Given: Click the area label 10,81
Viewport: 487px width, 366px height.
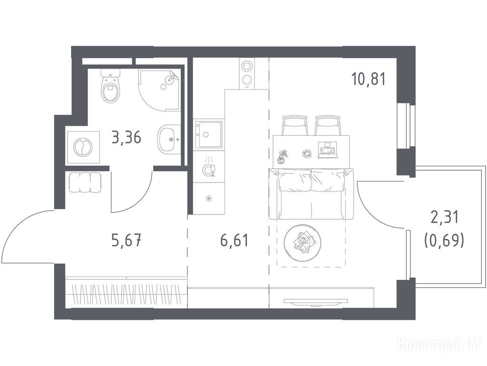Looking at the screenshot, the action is tap(369, 79).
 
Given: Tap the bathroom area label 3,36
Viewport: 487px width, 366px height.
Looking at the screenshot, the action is tap(127, 137).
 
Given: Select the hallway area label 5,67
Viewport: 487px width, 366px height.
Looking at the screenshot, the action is tap(127, 241).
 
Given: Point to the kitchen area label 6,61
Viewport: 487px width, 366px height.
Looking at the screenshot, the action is tap(234, 241).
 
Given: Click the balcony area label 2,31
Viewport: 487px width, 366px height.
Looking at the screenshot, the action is tap(445, 217).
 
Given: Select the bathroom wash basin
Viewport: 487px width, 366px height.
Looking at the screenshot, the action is tap(169, 140).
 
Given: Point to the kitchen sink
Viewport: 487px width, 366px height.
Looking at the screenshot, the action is tap(209, 134).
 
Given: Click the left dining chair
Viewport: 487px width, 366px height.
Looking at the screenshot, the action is tap(294, 125).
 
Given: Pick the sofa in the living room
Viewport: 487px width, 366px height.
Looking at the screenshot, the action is tap(311, 194).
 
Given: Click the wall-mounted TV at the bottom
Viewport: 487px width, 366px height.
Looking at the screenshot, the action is tap(316, 301).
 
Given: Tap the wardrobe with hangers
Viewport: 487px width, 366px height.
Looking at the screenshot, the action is tap(127, 292).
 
